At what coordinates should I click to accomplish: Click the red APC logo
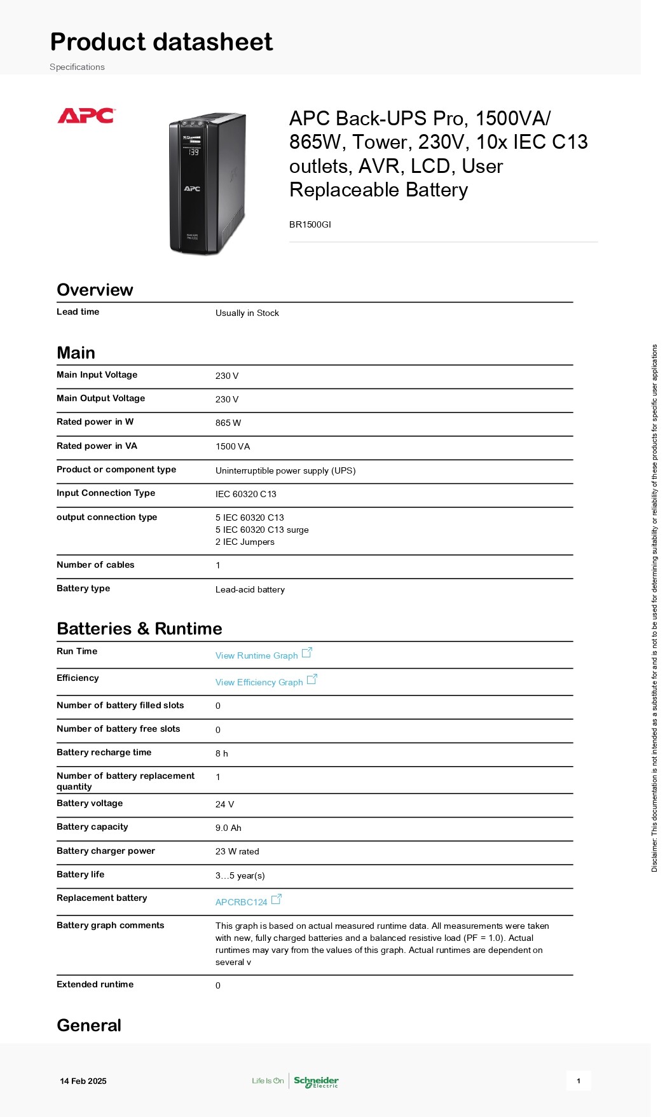coord(86,116)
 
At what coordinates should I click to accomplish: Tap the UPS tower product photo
coord(207,184)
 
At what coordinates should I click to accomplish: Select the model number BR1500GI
coord(310,224)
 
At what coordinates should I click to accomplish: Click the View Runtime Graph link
coord(257,655)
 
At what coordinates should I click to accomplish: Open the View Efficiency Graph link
coord(259,682)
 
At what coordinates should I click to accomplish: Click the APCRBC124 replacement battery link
coord(242,902)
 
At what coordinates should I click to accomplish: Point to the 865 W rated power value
coord(228,423)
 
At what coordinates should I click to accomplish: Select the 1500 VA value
coord(233,446)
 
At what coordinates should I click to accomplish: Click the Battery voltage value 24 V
coord(224,804)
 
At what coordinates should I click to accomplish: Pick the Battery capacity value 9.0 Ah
coord(228,828)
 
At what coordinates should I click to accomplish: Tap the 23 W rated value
coord(237,851)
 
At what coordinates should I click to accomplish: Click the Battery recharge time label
coord(104,752)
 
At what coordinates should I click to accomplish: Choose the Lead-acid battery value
coord(250,589)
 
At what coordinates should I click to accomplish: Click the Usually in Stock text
coord(247,313)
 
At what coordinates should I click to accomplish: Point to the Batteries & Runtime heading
coord(139,629)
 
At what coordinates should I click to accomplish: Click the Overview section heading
coord(95,290)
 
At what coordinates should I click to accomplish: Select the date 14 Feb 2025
coord(83,1081)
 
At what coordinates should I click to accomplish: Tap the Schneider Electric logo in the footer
coord(316,1081)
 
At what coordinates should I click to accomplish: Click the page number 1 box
coord(579,1081)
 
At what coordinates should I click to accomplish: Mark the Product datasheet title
coord(161,42)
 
